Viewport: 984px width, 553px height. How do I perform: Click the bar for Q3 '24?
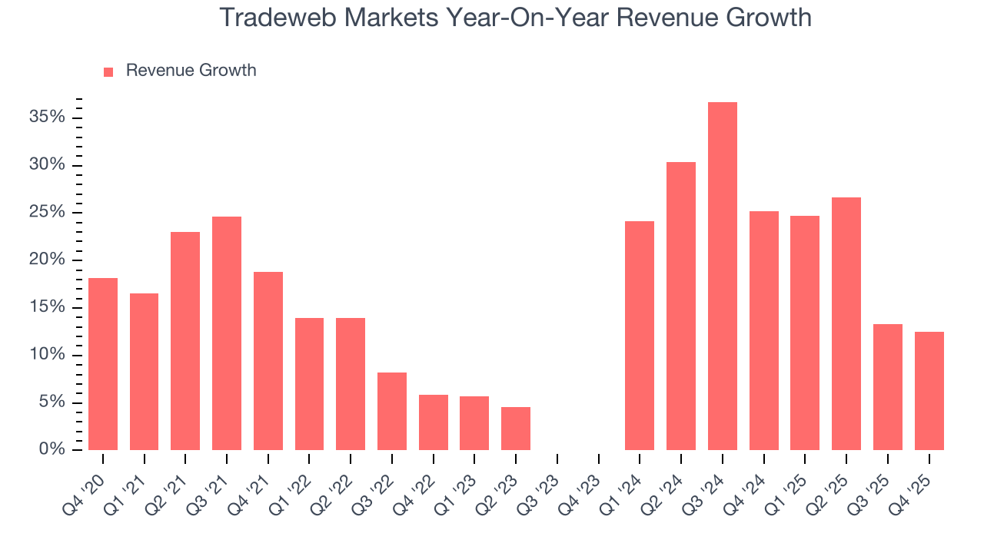click(722, 276)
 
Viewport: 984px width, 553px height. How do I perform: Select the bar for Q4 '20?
click(103, 364)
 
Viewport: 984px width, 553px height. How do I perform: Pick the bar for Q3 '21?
click(227, 333)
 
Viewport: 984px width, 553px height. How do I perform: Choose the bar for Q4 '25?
click(929, 391)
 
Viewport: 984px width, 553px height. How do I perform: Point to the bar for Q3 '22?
click(392, 411)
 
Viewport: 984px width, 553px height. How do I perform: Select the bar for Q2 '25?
click(846, 323)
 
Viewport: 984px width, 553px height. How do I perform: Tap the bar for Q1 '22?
click(309, 384)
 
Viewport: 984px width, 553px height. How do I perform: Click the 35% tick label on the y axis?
click(47, 118)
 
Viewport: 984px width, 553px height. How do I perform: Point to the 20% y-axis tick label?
click(47, 260)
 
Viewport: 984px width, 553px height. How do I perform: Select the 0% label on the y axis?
click(52, 450)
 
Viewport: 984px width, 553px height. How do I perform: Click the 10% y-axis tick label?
click(47, 356)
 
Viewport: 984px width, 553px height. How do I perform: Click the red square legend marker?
click(108, 71)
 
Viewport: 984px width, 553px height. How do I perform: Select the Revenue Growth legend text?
click(191, 71)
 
